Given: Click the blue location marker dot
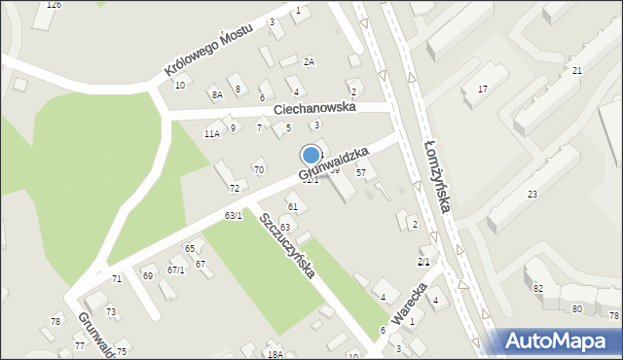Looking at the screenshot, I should [x=311, y=155].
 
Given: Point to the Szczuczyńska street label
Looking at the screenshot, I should [x=286, y=245].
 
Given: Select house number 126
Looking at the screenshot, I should [x=54, y=5].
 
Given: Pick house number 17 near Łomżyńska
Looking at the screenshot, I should [x=482, y=90].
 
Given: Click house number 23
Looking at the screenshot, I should [x=532, y=195].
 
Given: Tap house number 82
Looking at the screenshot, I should [x=537, y=289].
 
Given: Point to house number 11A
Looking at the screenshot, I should [x=211, y=133].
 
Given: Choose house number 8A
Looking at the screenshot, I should [x=216, y=94].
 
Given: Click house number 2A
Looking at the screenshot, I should [x=309, y=62].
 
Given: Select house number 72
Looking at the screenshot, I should [x=234, y=188].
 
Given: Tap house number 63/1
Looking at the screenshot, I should [x=233, y=215].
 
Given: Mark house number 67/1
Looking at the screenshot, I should [x=175, y=270].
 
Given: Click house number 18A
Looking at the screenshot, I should [x=275, y=354].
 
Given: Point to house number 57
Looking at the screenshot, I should [x=360, y=172].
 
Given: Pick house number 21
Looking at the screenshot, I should [x=577, y=71].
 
